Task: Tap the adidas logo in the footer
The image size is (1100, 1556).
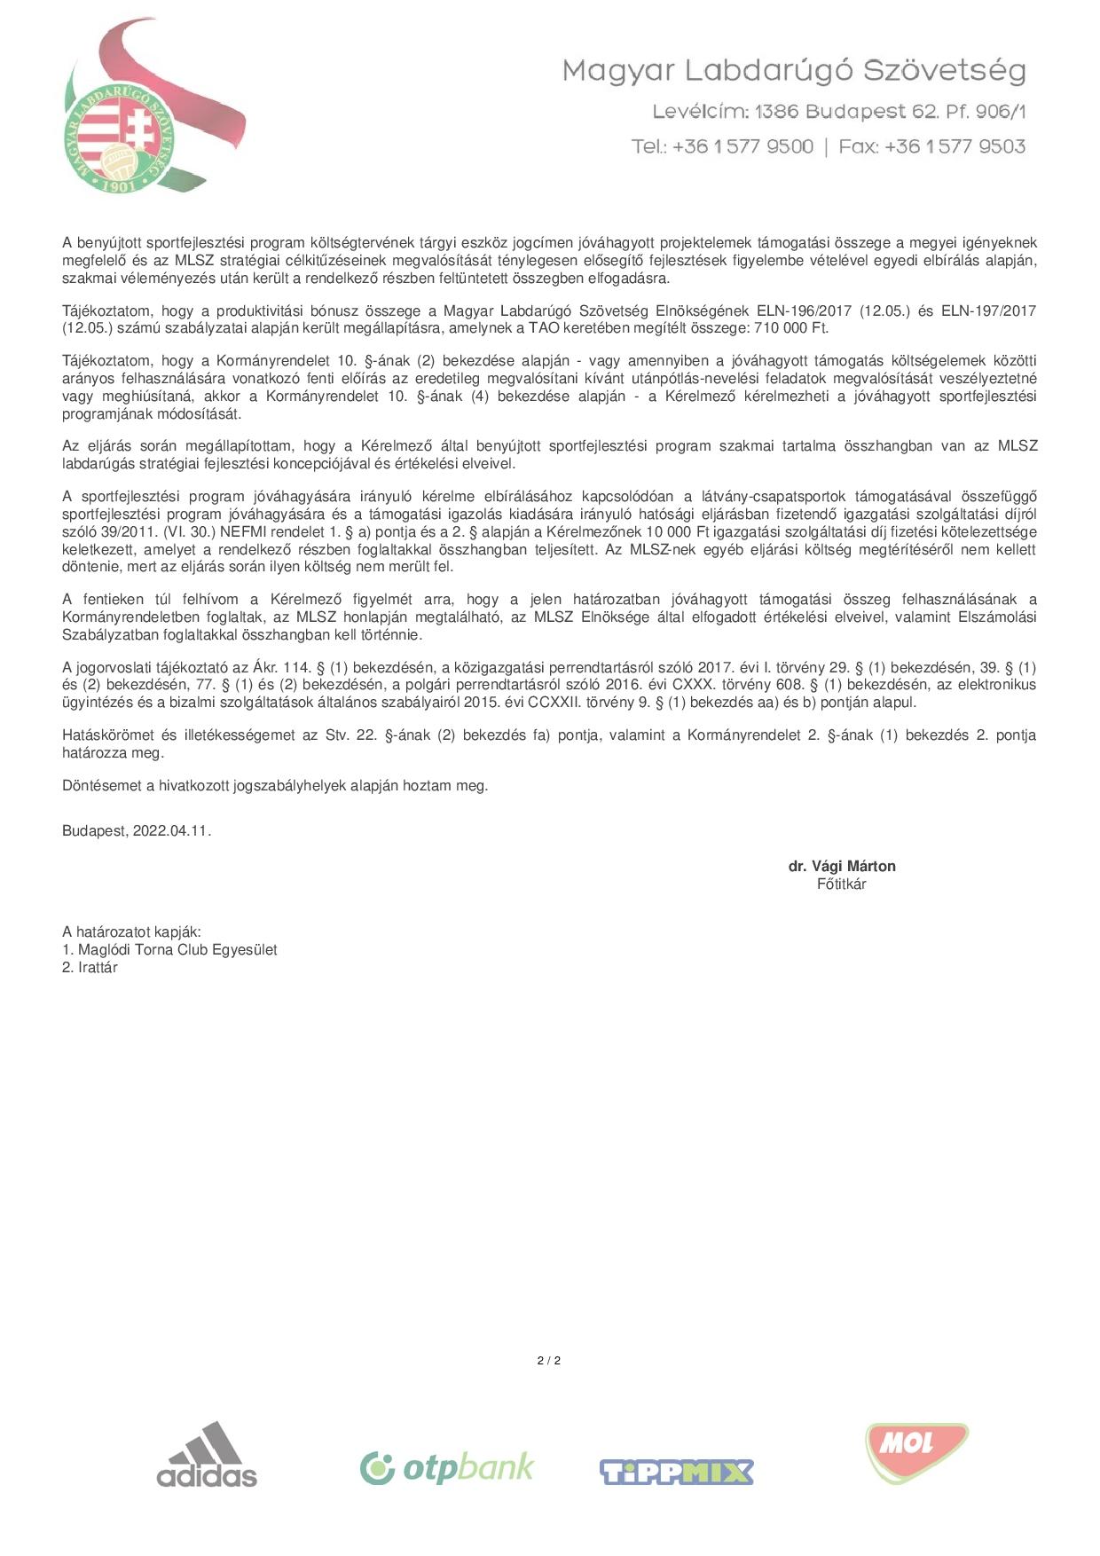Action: (207, 1455)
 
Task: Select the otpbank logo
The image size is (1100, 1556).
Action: (447, 1468)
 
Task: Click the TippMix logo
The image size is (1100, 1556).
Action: (676, 1472)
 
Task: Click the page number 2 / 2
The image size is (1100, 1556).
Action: (549, 1361)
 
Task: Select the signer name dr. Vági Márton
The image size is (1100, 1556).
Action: (842, 867)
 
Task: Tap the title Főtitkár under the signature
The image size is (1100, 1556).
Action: (841, 884)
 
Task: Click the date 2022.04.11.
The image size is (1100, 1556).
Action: (171, 831)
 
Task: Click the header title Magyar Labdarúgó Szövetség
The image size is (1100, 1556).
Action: (794, 71)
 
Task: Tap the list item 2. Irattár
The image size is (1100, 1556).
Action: (90, 968)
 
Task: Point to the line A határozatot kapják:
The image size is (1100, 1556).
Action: (131, 932)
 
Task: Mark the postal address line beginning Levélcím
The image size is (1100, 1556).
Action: (838, 112)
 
